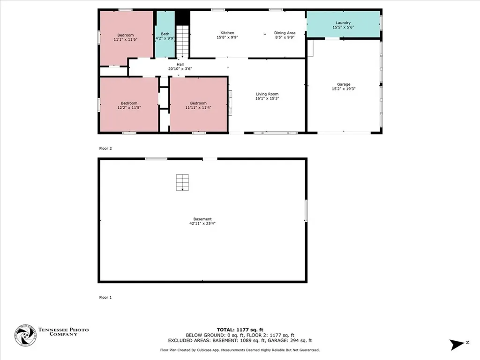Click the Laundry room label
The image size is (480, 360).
343,22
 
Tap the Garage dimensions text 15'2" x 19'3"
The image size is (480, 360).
343,89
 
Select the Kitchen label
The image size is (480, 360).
227,33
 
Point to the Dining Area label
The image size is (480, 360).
285,33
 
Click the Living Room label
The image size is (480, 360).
267,94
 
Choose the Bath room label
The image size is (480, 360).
165,34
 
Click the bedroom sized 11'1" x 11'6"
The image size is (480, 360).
125,37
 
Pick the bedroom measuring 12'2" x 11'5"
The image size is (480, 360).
129,105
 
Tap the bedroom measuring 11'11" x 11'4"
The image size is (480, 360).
198,105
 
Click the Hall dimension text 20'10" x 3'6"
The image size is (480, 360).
180,69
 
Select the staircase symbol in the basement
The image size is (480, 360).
182,182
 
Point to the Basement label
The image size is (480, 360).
202,219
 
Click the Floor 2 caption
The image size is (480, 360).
105,148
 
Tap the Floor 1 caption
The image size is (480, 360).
105,297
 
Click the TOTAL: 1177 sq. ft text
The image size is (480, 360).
240,330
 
